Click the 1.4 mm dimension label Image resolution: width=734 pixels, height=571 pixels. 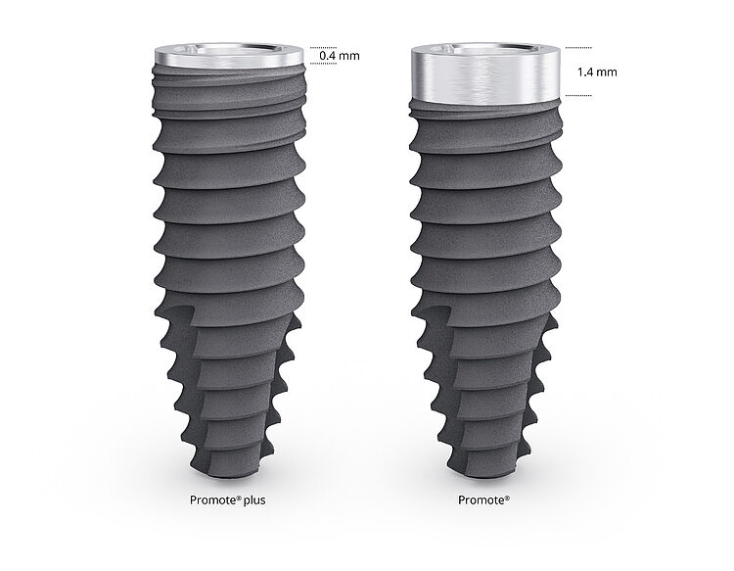pyautogui.click(x=595, y=71)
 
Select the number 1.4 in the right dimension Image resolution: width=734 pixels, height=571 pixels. pyautogui.click(x=585, y=71)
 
